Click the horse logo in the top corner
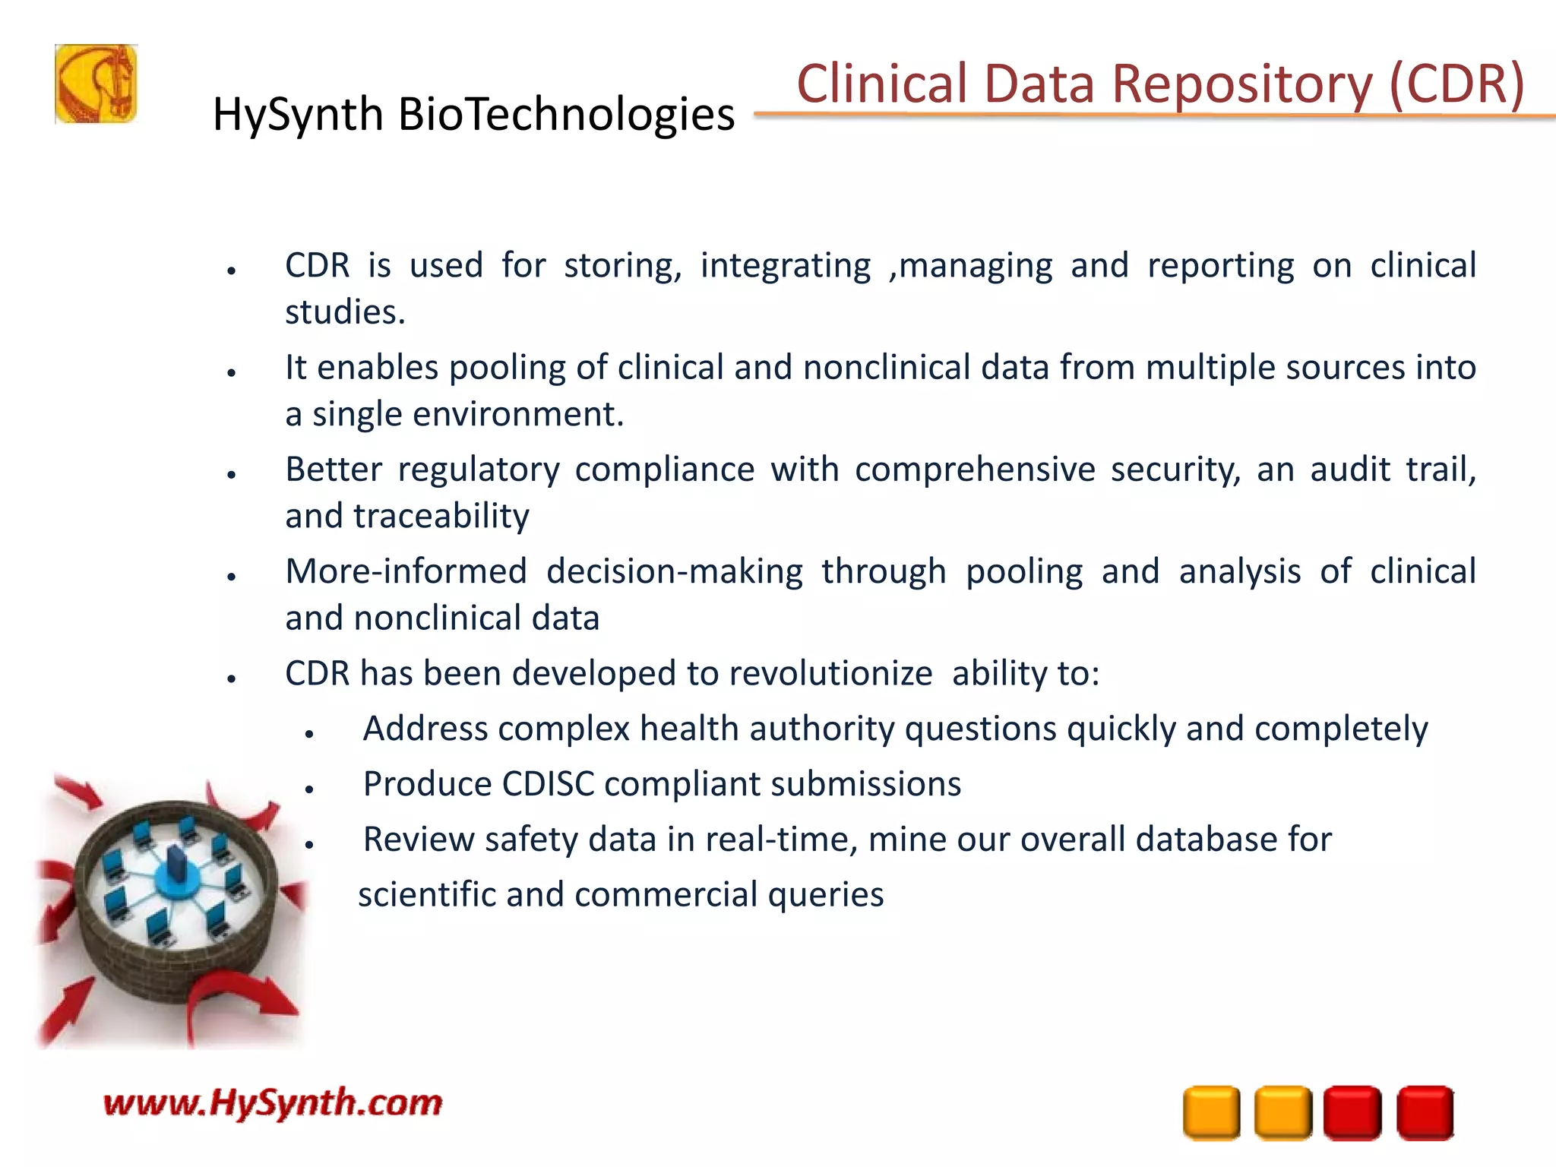point(96,84)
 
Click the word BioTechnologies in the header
point(566,115)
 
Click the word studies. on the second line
point(345,312)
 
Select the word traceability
point(441,517)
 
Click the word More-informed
point(406,571)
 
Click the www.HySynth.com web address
point(272,1102)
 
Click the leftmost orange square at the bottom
point(1211,1113)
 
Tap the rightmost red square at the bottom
point(1425,1113)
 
